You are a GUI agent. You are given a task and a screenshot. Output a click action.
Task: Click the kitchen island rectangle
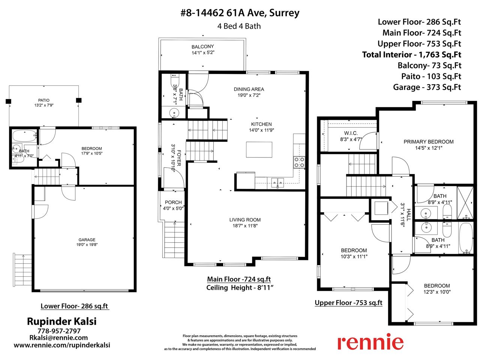click(259, 150)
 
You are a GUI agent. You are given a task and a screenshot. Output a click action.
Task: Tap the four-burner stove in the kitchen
click(299, 162)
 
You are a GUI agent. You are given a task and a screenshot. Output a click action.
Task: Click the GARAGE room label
click(87, 240)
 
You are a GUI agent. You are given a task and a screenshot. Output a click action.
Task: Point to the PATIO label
click(44, 100)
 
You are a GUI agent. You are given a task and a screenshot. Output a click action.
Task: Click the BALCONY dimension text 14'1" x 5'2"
click(203, 52)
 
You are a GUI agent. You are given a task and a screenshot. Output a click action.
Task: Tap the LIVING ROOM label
click(245, 220)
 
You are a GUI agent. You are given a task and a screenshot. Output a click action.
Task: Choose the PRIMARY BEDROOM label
click(428, 142)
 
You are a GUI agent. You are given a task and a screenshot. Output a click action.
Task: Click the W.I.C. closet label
click(351, 133)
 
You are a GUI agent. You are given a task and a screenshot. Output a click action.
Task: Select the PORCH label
click(173, 202)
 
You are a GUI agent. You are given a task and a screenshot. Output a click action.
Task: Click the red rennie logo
click(370, 342)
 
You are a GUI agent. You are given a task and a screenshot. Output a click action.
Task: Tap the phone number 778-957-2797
click(59, 331)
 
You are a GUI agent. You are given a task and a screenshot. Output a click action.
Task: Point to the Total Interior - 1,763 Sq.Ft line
click(411, 55)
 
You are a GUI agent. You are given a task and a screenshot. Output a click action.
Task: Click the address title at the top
click(240, 13)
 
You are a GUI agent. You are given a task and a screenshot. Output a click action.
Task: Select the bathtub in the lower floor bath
click(25, 136)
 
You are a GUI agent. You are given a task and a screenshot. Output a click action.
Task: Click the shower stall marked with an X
click(465, 202)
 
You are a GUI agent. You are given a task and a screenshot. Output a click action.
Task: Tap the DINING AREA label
click(249, 89)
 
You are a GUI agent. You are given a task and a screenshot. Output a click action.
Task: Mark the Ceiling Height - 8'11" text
click(240, 288)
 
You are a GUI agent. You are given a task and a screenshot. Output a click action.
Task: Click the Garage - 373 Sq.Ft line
click(427, 87)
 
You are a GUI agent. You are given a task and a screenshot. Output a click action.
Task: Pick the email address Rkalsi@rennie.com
click(58, 338)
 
